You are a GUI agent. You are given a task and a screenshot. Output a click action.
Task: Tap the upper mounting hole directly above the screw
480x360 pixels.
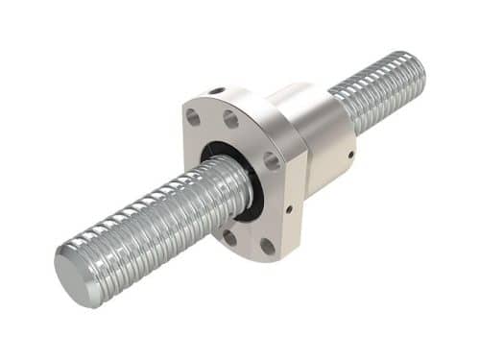(231, 119)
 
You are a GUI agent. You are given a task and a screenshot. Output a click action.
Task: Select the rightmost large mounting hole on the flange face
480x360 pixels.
(273, 160)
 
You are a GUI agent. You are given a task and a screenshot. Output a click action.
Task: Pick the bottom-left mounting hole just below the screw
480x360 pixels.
(228, 237)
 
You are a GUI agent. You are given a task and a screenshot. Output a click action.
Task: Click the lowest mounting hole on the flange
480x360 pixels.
(267, 247)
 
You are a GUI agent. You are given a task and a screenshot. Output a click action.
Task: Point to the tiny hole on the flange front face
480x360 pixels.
(289, 204)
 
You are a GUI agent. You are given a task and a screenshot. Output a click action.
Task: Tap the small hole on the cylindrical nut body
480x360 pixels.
(351, 153)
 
